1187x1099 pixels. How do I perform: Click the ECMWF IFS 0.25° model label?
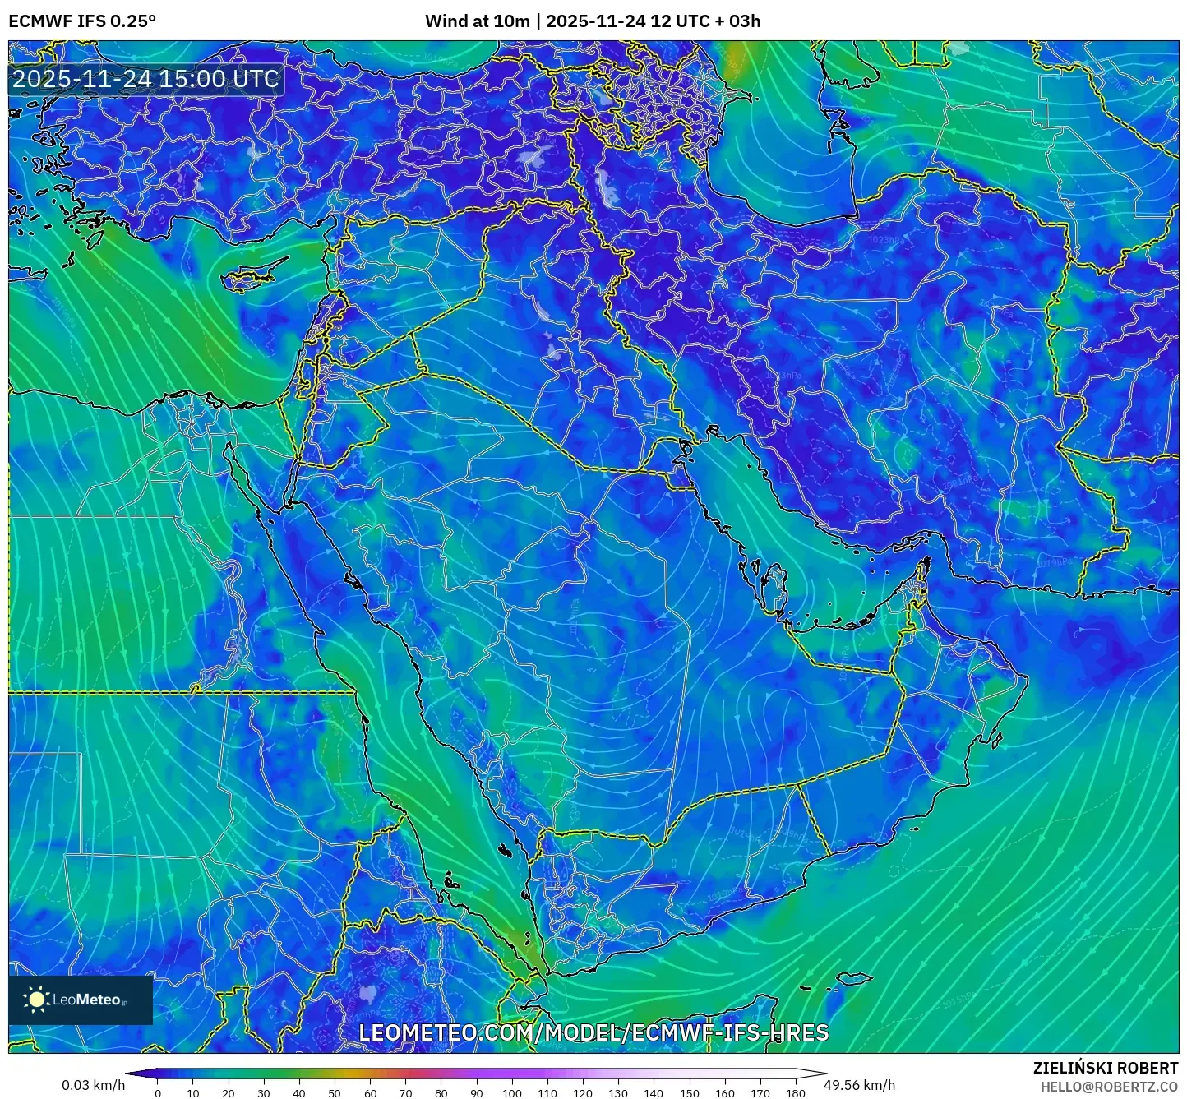[81, 21]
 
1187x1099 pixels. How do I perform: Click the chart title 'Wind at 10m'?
[477, 21]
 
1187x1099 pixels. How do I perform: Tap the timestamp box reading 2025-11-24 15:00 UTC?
[145, 79]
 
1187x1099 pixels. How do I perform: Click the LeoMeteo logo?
[81, 1000]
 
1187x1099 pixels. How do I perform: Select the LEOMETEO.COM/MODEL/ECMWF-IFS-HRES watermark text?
[593, 1032]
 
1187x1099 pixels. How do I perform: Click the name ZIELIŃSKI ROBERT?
[1105, 1068]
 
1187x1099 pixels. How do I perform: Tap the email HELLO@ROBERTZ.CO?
[1109, 1087]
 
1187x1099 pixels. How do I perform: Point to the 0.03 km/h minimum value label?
[93, 1085]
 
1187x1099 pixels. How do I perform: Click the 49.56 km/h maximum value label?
[859, 1085]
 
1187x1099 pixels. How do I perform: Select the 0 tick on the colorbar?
[158, 1093]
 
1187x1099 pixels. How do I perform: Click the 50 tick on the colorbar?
[335, 1093]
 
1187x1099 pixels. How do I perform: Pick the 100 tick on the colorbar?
[512, 1093]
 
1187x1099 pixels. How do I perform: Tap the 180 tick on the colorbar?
[795, 1093]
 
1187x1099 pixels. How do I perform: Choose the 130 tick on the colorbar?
[618, 1093]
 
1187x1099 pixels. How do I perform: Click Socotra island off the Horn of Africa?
[855, 979]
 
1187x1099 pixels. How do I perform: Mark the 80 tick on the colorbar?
[441, 1093]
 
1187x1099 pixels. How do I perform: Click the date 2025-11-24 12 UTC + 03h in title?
[653, 21]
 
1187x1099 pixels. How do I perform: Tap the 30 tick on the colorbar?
[264, 1093]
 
